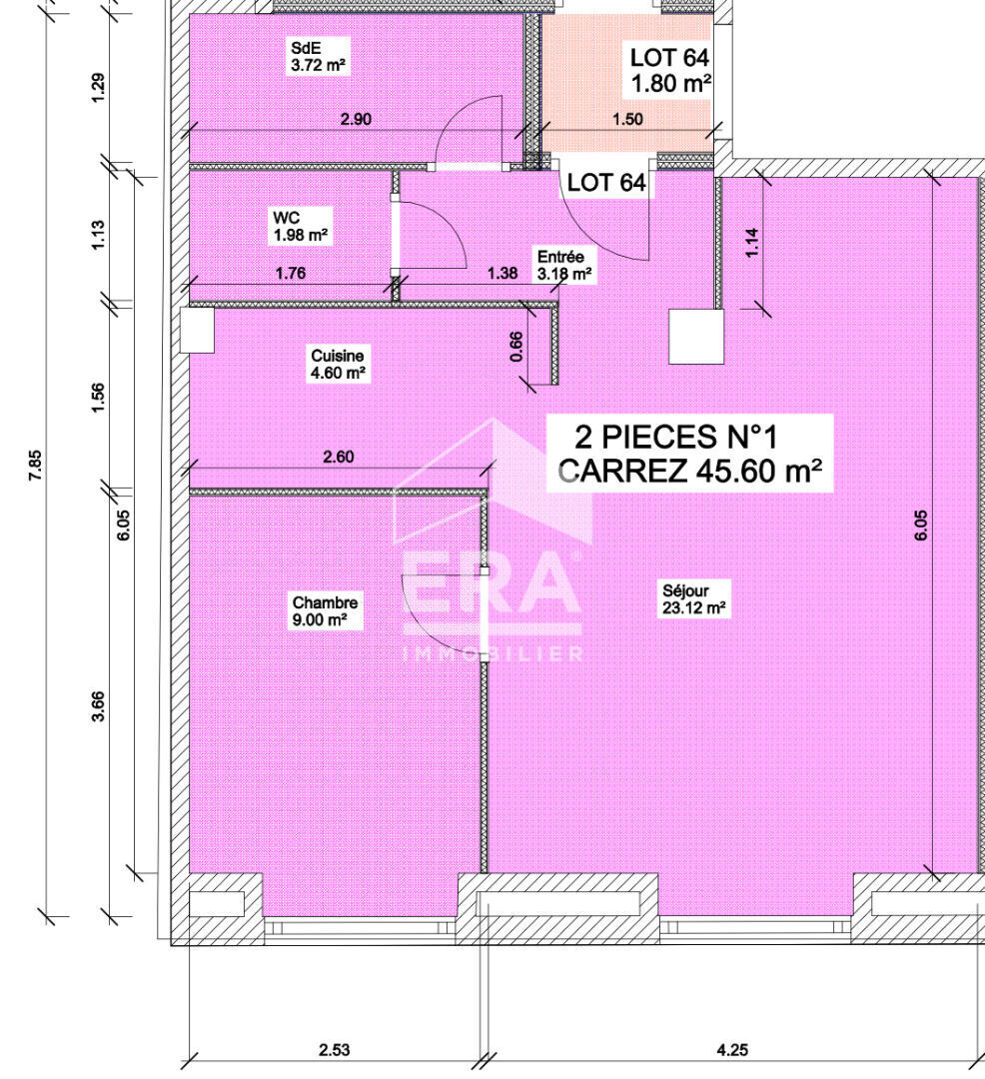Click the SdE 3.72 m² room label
pyautogui.click(x=317, y=56)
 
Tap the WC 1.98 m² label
pyautogui.click(x=300, y=227)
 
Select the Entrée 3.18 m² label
pyautogui.click(x=564, y=265)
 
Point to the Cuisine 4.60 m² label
pyautogui.click(x=338, y=364)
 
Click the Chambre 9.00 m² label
pyautogui.click(x=326, y=611)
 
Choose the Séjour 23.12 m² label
pyautogui.click(x=693, y=598)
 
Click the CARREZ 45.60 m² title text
pyautogui.click(x=690, y=472)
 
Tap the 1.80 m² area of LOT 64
pyautogui.click(x=670, y=83)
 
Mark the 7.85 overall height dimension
pyautogui.click(x=35, y=466)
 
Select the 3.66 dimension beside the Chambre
pyautogui.click(x=98, y=706)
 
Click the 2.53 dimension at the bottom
pyautogui.click(x=335, y=1049)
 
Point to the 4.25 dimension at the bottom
pyautogui.click(x=732, y=1049)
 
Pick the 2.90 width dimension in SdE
pyautogui.click(x=356, y=119)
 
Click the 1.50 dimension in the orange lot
pyautogui.click(x=627, y=119)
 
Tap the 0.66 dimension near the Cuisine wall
pyautogui.click(x=516, y=346)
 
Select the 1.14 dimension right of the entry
pyautogui.click(x=752, y=242)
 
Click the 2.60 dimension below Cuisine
pyautogui.click(x=339, y=457)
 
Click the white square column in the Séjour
pyautogui.click(x=696, y=336)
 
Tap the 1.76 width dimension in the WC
pyautogui.click(x=291, y=273)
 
